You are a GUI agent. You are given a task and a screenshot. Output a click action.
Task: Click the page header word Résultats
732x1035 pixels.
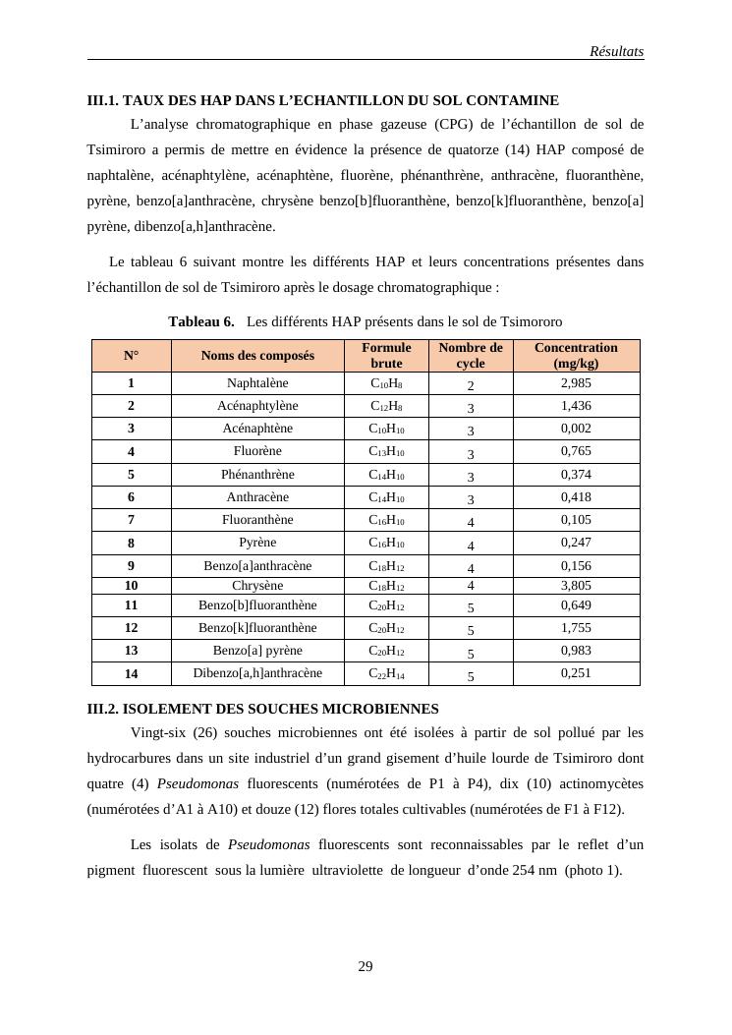[x=616, y=51]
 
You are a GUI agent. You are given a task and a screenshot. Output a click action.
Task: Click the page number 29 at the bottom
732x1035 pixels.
[x=366, y=967]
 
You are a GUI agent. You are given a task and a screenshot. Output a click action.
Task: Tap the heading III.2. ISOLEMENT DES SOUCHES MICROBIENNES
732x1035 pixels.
[x=262, y=709]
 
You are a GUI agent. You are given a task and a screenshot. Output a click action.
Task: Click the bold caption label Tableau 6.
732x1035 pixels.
[x=201, y=321]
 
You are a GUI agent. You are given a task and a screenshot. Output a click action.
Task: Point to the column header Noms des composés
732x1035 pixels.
[x=257, y=356]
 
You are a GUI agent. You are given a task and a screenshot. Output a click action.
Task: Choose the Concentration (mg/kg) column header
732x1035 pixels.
[x=576, y=355]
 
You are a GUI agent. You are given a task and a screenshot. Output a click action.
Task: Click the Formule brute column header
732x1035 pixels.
[x=386, y=355]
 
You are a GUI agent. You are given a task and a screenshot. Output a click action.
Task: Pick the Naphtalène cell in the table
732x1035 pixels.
[x=257, y=383]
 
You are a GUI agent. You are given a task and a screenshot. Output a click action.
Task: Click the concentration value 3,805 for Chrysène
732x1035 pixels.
[x=576, y=586]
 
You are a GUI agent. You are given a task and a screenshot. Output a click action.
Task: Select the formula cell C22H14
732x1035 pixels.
[x=386, y=673]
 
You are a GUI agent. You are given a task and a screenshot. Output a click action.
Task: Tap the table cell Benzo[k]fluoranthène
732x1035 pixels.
[x=257, y=628]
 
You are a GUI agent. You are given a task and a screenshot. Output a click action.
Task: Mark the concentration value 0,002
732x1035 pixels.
[x=576, y=429]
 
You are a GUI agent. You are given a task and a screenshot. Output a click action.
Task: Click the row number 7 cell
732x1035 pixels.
[x=131, y=520]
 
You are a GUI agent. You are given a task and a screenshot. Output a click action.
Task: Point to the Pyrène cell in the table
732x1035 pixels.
[x=257, y=543]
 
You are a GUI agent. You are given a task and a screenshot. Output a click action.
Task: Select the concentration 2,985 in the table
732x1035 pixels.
[x=576, y=383]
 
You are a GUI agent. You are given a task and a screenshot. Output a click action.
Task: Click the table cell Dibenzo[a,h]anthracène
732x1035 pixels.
[x=257, y=673]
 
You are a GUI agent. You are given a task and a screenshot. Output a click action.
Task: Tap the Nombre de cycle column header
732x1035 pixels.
[x=471, y=355]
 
